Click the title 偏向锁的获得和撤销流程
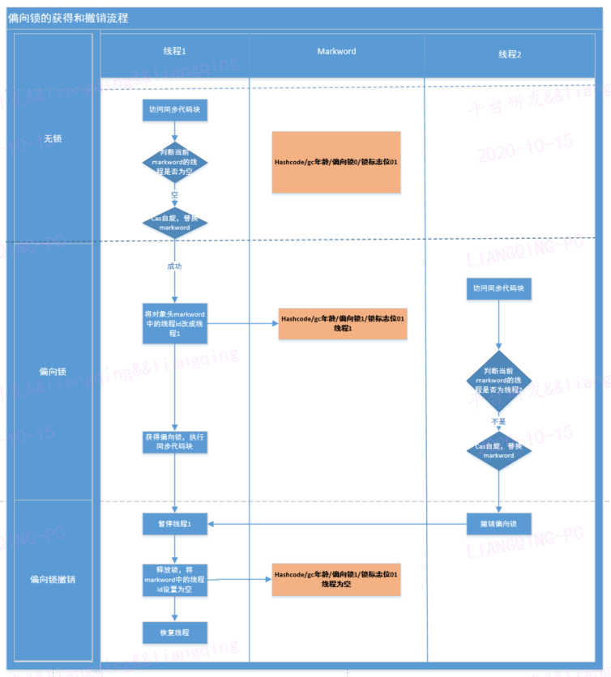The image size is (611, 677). [x=68, y=17]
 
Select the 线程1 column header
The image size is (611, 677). [x=174, y=52]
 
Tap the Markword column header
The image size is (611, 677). [x=336, y=52]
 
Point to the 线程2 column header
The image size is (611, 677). [x=510, y=54]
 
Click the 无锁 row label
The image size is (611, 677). [x=53, y=138]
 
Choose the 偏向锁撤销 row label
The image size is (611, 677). [x=53, y=580]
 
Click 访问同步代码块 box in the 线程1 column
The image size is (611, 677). [x=175, y=109]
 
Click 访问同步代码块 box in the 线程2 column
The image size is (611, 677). [x=498, y=287]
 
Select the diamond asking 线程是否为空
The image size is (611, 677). [x=175, y=162]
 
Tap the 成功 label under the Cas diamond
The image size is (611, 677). [x=175, y=266]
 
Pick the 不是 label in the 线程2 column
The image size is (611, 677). [x=498, y=422]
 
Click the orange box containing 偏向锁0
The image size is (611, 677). [x=336, y=163]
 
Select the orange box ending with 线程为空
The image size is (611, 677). [x=336, y=579]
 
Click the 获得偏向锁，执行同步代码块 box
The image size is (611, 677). [x=175, y=441]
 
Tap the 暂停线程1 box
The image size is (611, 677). [x=175, y=524]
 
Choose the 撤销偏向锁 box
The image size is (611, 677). [x=498, y=524]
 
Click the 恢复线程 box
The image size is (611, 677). [x=175, y=632]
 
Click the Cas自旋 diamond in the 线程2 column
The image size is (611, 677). [x=498, y=451]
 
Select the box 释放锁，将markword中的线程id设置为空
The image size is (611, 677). [x=175, y=579]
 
